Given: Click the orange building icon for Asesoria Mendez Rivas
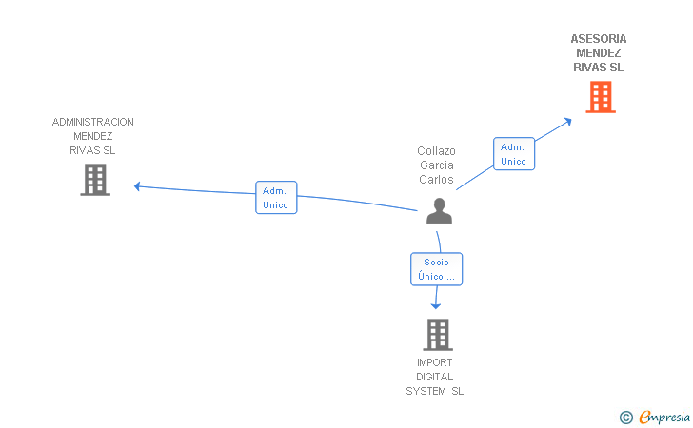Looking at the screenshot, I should (600, 97).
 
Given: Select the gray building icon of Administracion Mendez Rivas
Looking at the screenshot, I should (95, 180).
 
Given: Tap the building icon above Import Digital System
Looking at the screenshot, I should (437, 335).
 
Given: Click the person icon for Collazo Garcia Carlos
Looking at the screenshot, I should (438, 210).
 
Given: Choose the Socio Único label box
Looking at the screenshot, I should (437, 269).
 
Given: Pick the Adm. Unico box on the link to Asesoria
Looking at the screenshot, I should (514, 154).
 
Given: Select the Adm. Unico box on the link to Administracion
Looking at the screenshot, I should (276, 197).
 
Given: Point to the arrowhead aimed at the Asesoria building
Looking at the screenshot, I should (567, 120).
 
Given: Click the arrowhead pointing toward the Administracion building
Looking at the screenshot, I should (138, 186).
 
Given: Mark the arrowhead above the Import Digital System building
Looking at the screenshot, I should (437, 305).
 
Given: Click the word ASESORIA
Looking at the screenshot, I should (599, 39).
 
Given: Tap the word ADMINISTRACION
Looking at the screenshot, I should (93, 122).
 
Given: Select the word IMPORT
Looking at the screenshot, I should (435, 362).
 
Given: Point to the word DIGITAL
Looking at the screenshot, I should (435, 377).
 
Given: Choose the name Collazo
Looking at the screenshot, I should (436, 151).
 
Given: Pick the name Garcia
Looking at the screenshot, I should (436, 165).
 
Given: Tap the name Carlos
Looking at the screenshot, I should (436, 180).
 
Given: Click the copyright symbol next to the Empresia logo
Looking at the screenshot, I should (626, 417).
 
